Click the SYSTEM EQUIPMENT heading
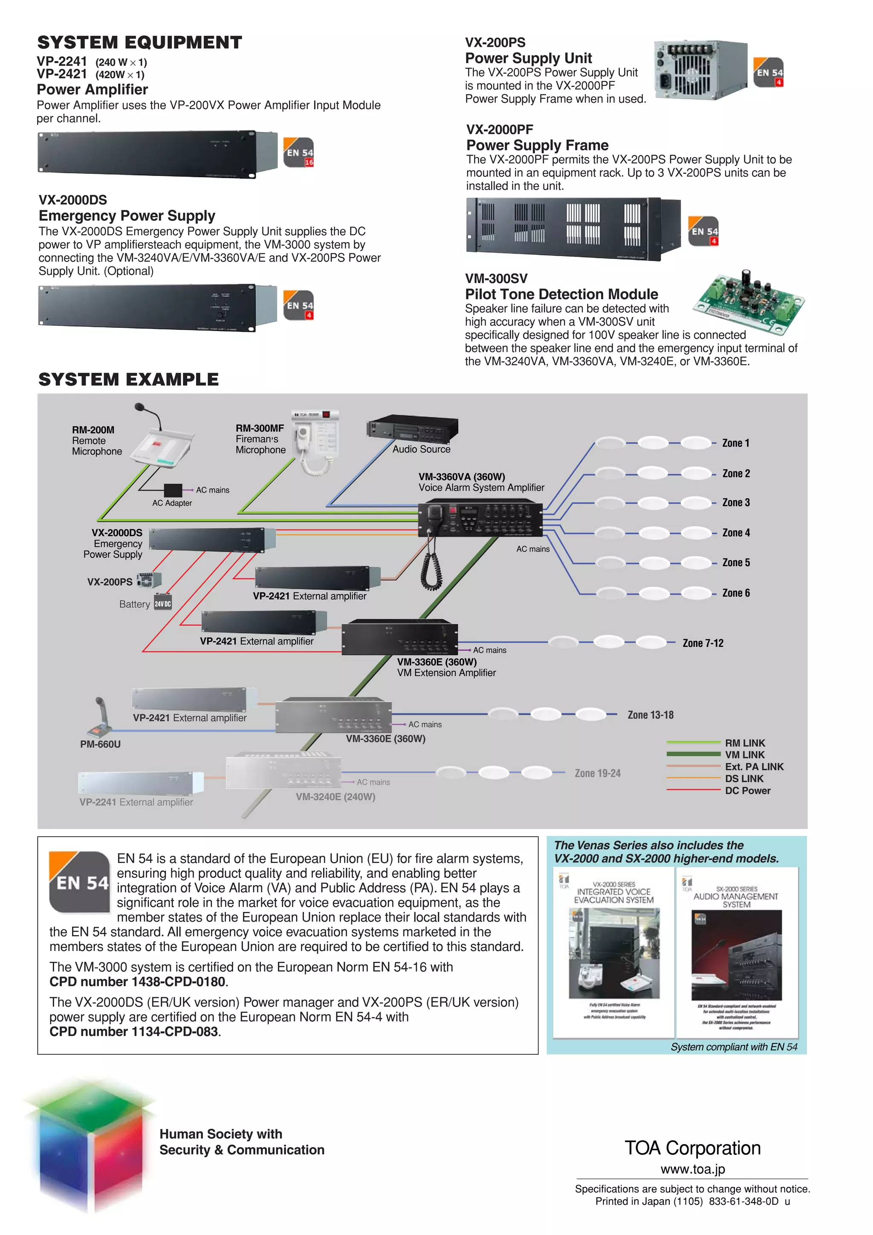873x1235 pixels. tap(139, 43)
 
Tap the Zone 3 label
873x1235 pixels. tap(735, 502)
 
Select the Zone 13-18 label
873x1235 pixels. tap(650, 715)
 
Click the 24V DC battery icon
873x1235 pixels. tap(162, 603)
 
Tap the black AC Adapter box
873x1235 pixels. tap(173, 490)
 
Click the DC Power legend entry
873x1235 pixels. tap(747, 790)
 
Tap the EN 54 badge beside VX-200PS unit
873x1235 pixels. tap(768, 72)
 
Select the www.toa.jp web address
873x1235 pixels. tap(692, 1169)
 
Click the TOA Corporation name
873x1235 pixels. tap(692, 1148)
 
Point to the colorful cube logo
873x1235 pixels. tap(90, 1143)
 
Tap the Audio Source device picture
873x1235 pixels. tap(413, 429)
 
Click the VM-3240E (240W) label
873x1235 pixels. tap(335, 796)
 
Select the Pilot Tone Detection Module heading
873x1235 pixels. tap(561, 294)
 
